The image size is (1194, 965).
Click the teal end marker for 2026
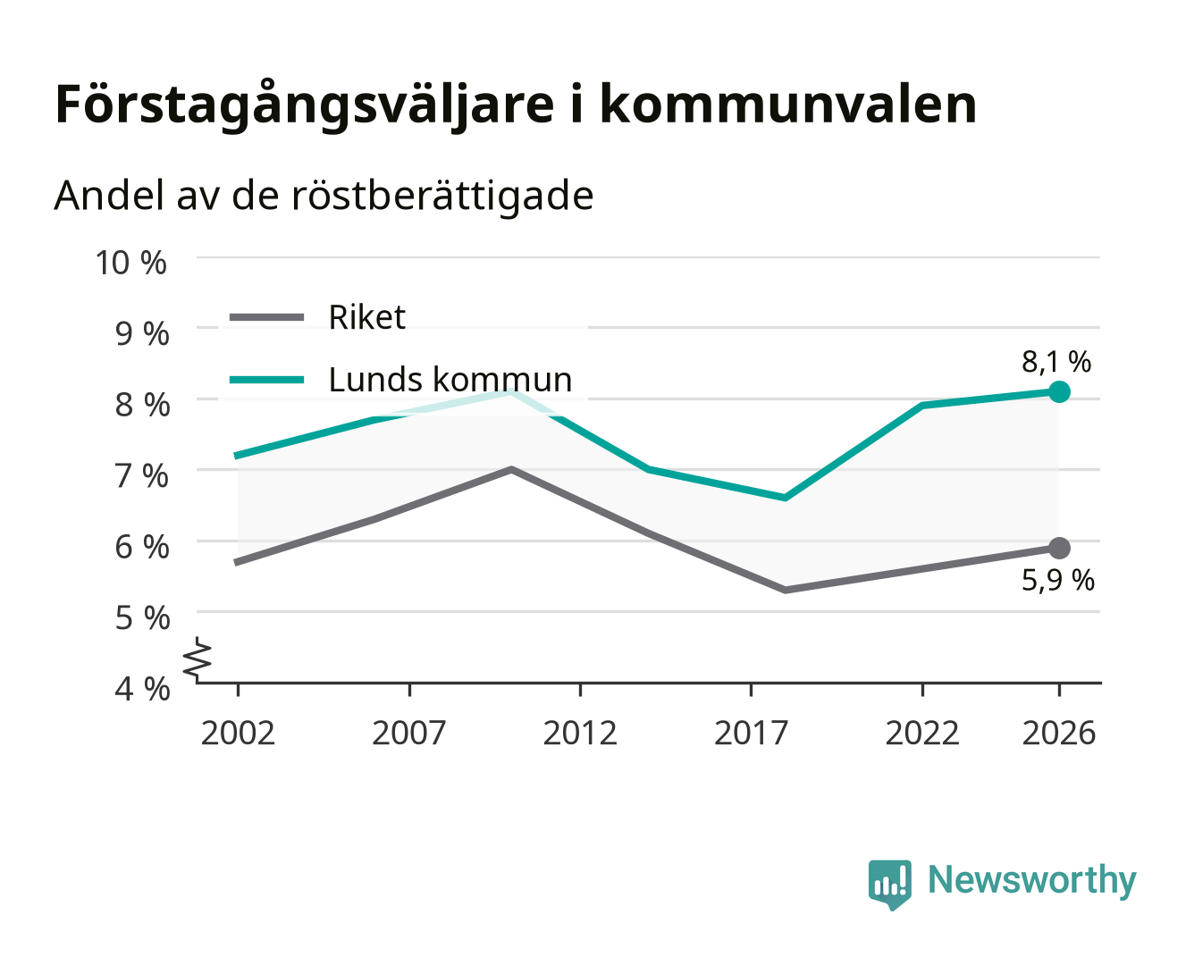[1059, 391]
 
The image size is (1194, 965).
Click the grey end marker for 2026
[1059, 548]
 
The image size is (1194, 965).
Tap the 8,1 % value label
[1056, 362]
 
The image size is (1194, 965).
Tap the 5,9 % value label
[1058, 580]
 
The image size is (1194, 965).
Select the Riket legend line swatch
[267, 318]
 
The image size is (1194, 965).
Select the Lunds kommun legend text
[450, 380]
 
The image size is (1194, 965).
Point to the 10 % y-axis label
[131, 263]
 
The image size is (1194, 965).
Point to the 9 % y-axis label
[142, 334]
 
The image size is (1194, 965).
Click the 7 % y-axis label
[141, 476]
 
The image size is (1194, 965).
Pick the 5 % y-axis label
[142, 618]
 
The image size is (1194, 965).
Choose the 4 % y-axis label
[142, 689]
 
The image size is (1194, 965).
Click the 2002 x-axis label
[239, 733]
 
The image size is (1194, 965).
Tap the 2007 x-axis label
[409, 733]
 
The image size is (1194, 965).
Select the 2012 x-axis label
[580, 733]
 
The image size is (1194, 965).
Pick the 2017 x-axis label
[751, 733]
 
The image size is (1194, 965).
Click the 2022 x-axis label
[922, 733]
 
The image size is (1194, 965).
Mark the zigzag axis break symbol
[198, 659]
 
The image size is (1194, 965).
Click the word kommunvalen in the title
[788, 105]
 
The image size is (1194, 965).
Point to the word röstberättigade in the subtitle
[442, 197]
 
